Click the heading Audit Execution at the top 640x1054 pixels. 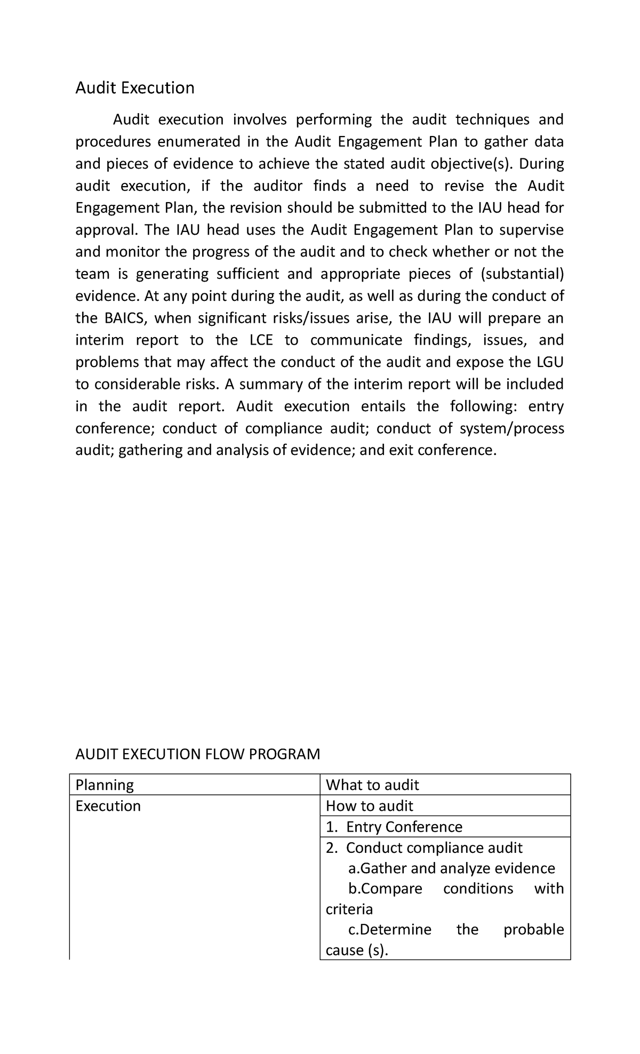click(x=134, y=87)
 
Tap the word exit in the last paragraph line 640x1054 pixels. click(x=402, y=451)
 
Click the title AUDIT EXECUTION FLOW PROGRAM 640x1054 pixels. click(x=197, y=754)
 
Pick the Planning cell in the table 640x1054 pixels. click(x=105, y=785)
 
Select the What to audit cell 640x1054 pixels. click(x=372, y=785)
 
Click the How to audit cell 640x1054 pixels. click(x=370, y=805)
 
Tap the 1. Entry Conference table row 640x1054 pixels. click(x=394, y=827)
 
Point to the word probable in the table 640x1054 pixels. click(x=533, y=929)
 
